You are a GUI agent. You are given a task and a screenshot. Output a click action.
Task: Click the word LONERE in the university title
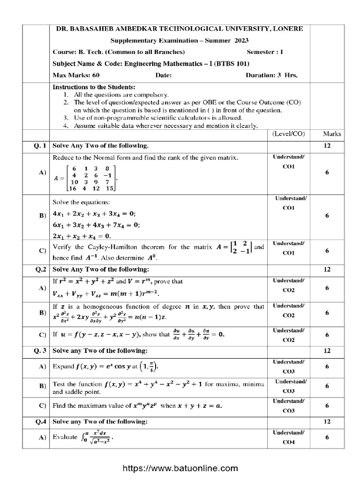coord(286,29)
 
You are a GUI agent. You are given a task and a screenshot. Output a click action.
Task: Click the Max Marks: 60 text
coord(76,75)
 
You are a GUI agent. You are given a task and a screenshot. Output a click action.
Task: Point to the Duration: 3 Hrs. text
coord(272,75)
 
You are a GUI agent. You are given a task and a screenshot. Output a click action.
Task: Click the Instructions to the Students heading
coord(94,88)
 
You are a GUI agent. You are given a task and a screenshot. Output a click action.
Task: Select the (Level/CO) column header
coord(288,134)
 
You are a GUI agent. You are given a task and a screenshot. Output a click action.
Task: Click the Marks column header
coord(332,134)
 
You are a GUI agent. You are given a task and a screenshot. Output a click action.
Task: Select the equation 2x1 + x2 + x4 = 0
coord(82,235)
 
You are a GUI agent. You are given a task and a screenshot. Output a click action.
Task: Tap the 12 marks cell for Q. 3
coord(327,351)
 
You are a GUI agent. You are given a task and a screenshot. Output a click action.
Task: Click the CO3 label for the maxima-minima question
coord(289,391)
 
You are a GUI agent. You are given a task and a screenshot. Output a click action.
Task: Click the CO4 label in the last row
coord(289,442)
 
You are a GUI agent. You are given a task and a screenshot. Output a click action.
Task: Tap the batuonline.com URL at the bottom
coord(180,468)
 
